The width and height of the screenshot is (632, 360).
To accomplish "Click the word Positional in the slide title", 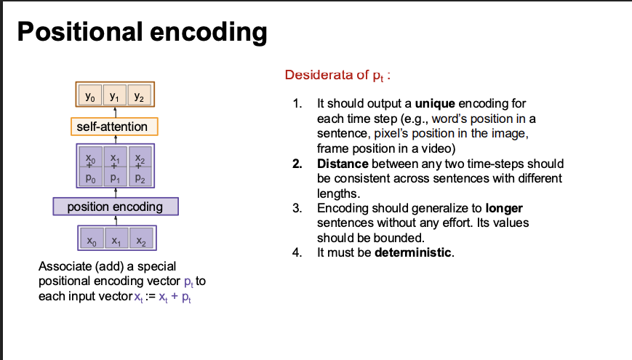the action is (x=80, y=31).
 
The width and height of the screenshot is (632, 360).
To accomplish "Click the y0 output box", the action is (x=90, y=95).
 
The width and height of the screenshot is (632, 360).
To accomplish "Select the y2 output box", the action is (x=139, y=95).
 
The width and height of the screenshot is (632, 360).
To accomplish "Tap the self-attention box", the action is (x=114, y=127).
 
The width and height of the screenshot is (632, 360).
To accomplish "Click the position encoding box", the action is (x=116, y=207).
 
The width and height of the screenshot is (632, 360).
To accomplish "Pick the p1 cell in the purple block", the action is (x=116, y=177).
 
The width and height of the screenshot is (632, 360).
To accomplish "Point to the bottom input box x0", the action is (x=92, y=239).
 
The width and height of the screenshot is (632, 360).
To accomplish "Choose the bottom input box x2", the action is (x=141, y=239).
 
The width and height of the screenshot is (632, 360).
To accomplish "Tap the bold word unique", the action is (x=435, y=103).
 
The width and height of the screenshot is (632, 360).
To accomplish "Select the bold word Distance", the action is (x=343, y=164).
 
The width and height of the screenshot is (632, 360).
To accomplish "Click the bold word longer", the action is (x=504, y=209).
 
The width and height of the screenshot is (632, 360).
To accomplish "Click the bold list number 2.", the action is (x=297, y=164).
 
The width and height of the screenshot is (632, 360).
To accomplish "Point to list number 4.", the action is (x=297, y=253).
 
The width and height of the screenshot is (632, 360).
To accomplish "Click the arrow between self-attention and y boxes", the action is (x=116, y=112).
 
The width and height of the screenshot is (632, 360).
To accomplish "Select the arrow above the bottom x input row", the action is (x=116, y=220).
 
